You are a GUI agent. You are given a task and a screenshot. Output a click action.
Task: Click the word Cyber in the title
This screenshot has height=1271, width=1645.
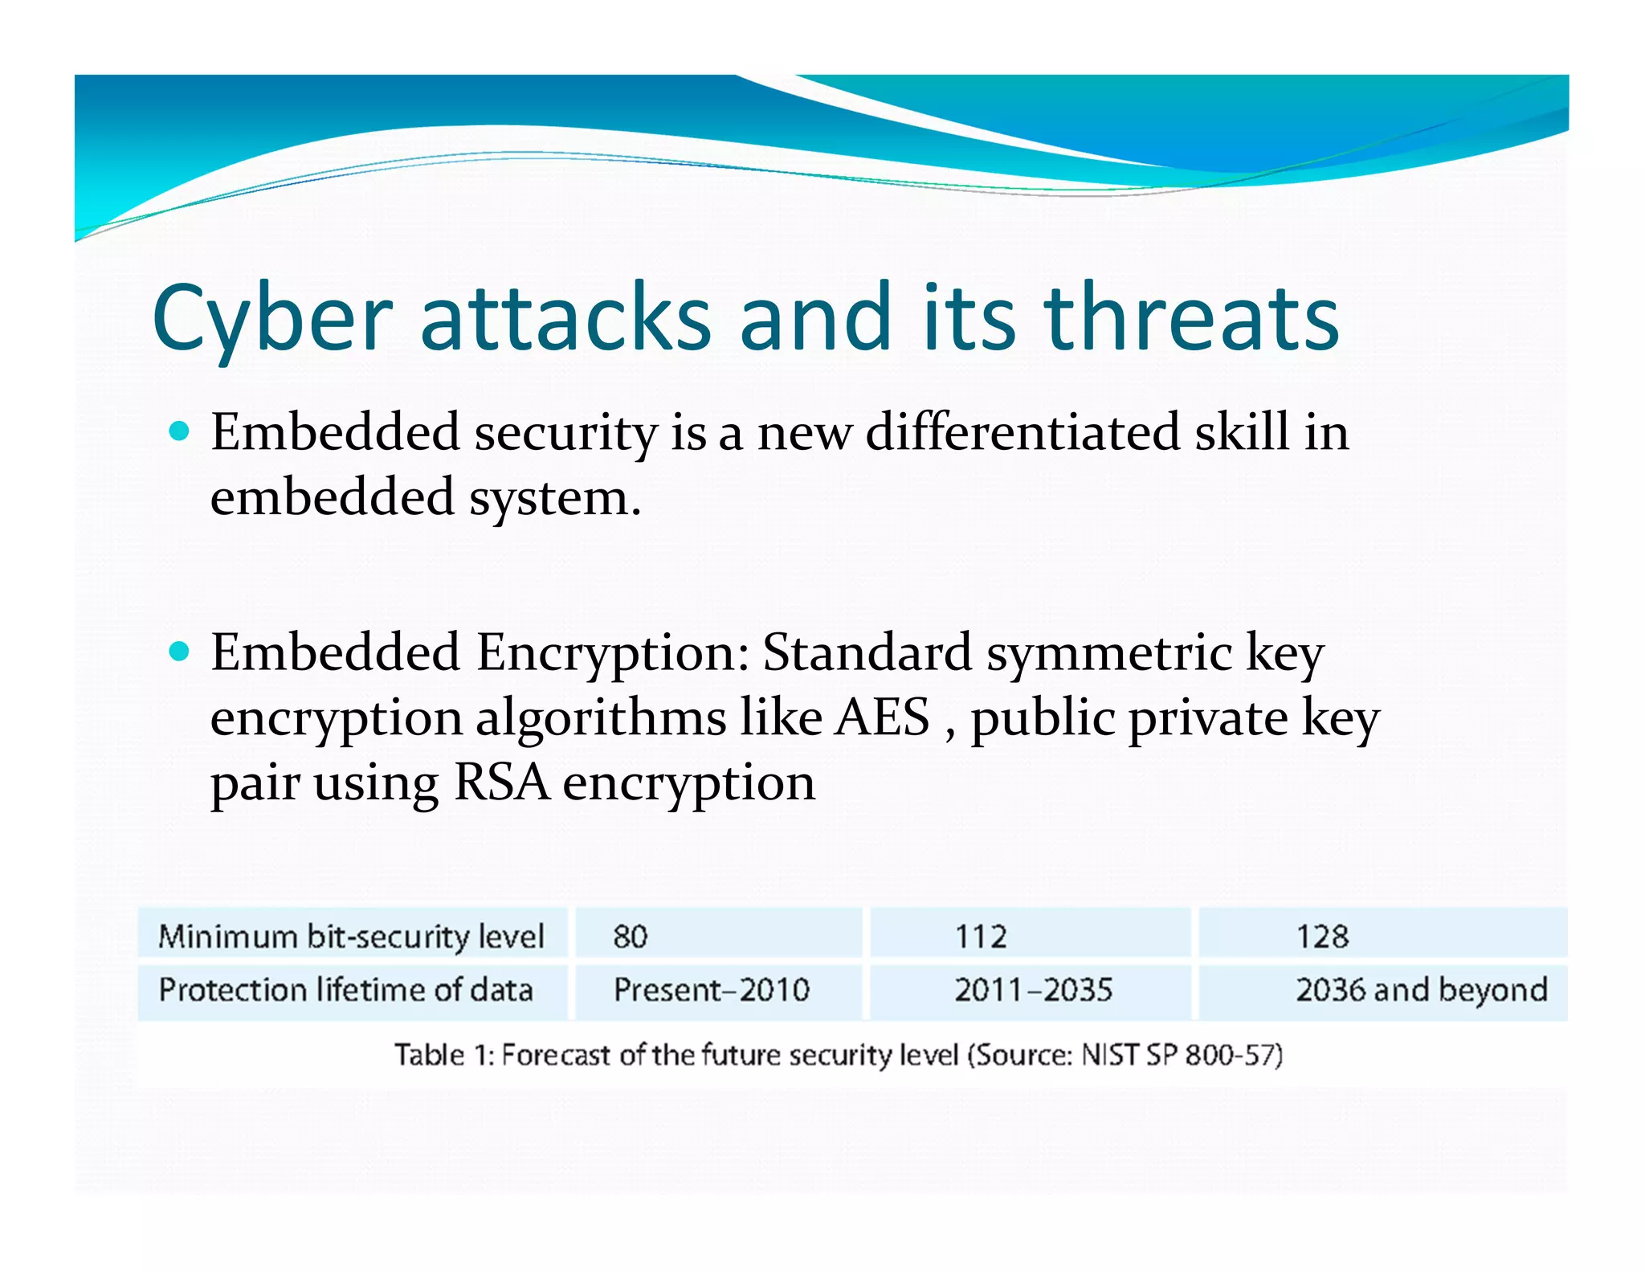click(x=271, y=318)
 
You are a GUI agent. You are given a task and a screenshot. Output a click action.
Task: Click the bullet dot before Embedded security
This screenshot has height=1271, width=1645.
click(x=180, y=431)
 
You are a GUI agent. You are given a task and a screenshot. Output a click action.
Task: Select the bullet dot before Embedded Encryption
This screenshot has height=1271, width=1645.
click(x=180, y=651)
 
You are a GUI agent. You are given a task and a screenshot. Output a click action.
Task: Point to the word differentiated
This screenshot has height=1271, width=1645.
click(x=1023, y=432)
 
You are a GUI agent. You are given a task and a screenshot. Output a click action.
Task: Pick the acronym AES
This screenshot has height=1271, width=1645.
click(x=882, y=717)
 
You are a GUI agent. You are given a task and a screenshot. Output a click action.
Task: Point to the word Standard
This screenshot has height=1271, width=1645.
click(x=867, y=652)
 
